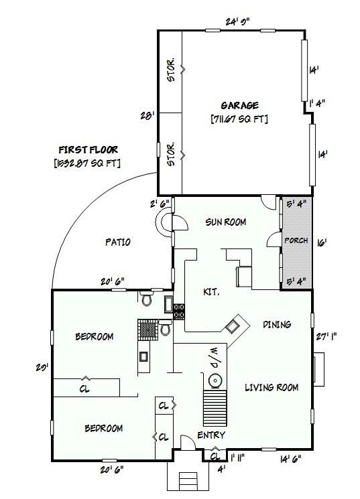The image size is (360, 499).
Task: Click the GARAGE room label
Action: click(239, 106)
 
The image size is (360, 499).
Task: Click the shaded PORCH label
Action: click(295, 240)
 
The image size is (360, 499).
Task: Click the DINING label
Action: click(277, 325)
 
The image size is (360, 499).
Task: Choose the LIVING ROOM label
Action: click(271, 387)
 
